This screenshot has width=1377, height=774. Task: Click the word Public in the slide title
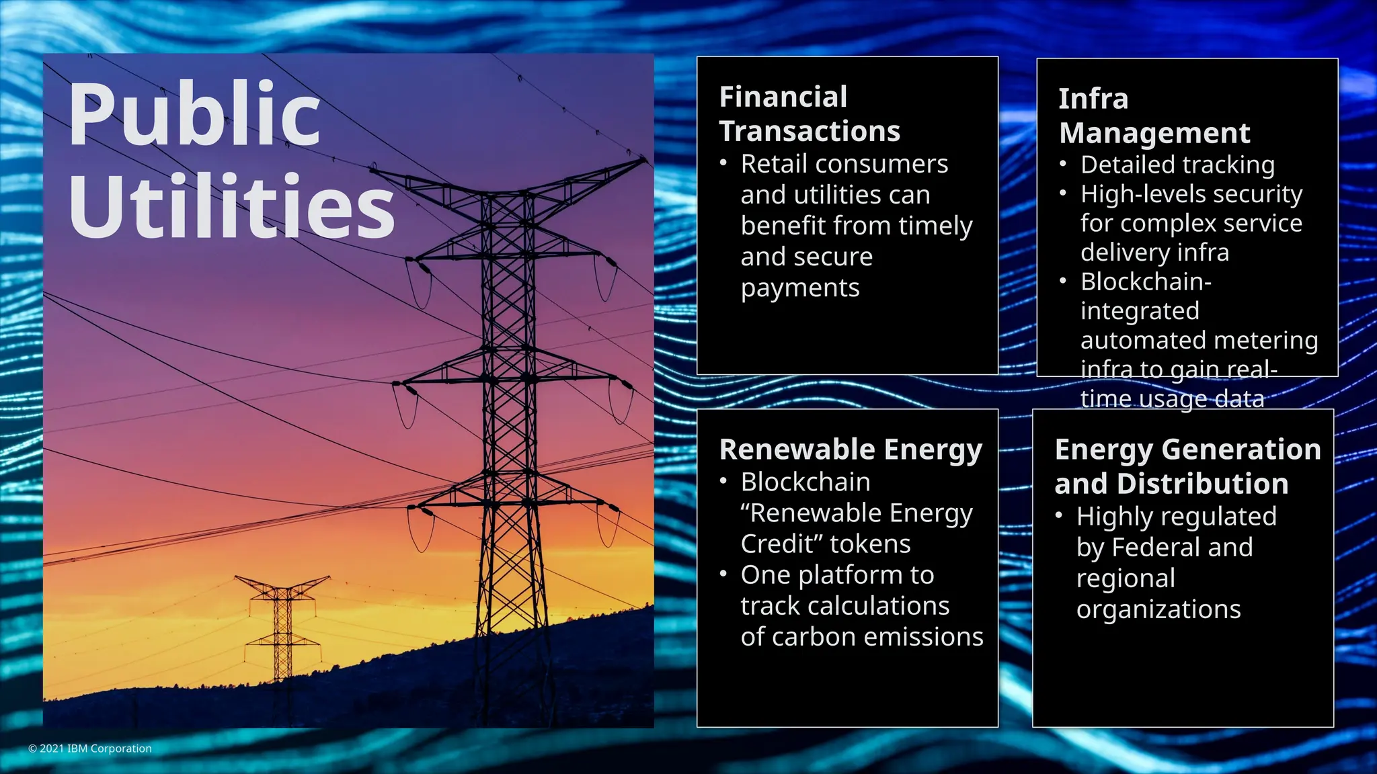pyautogui.click(x=194, y=114)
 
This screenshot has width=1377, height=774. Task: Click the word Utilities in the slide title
pyautogui.click(x=231, y=207)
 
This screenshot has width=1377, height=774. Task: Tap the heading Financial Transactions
pyautogui.click(x=809, y=114)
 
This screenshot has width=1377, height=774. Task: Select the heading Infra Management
pyautogui.click(x=1154, y=116)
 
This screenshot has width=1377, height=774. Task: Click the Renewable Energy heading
pyautogui.click(x=851, y=449)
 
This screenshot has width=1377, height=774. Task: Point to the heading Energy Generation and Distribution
pyautogui.click(x=1187, y=466)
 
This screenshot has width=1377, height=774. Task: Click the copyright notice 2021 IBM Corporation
pyautogui.click(x=90, y=748)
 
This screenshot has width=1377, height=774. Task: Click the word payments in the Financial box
pyautogui.click(x=800, y=288)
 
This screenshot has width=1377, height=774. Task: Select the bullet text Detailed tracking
pyautogui.click(x=1177, y=165)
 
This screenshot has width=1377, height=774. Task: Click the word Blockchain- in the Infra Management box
pyautogui.click(x=1146, y=282)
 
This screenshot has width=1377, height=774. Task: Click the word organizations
pyautogui.click(x=1158, y=609)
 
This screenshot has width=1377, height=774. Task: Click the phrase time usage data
pyautogui.click(x=1172, y=399)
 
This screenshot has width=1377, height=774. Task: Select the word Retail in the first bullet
pyautogui.click(x=774, y=165)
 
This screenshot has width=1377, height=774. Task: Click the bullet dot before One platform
pyautogui.click(x=723, y=574)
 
